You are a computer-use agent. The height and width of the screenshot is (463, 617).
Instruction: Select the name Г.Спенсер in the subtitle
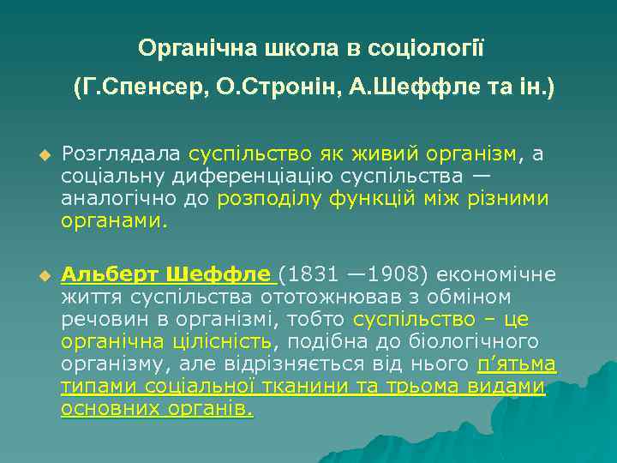(145, 87)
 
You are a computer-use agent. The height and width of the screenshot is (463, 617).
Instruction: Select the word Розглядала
(121, 154)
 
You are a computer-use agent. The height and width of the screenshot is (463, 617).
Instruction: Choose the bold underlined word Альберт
(110, 275)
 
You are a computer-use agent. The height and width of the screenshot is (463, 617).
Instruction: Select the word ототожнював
(309, 298)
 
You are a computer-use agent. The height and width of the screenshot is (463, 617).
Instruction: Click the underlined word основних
(106, 409)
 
